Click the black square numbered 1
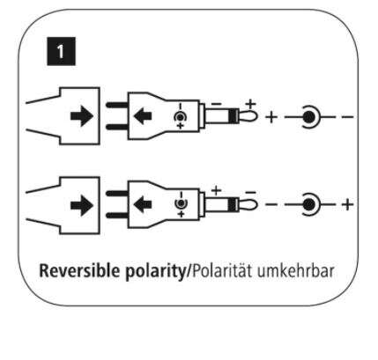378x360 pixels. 61,51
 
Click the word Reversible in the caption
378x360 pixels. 79,271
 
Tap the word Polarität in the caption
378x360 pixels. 221,271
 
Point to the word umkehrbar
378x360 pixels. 296,271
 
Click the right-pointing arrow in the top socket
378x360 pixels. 82,116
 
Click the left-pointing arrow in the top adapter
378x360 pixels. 143,116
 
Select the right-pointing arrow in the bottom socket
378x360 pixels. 82,205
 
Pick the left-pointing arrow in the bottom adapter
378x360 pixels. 143,204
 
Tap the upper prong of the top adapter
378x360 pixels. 117,105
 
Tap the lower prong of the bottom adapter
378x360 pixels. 117,216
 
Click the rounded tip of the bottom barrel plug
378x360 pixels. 248,204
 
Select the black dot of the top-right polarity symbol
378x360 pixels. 308,117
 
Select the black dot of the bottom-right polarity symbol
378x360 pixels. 308,204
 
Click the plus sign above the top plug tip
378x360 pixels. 250,104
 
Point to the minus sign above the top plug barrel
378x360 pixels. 217,104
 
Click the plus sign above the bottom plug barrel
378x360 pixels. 217,191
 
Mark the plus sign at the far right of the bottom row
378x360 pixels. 347,204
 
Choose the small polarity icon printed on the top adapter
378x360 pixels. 180,116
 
